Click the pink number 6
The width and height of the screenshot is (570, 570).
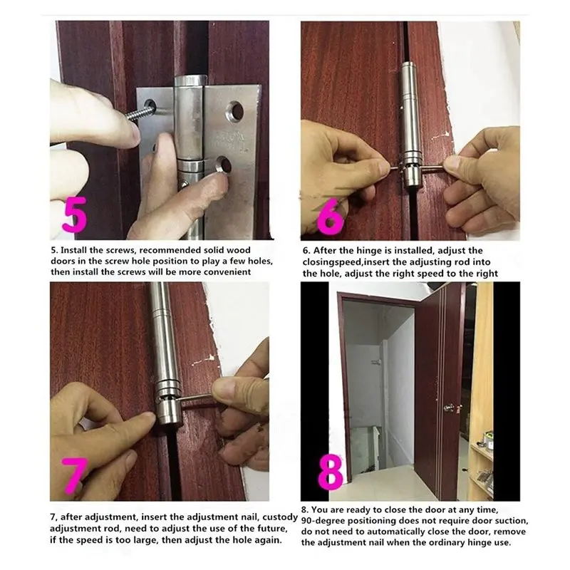(x=329, y=212)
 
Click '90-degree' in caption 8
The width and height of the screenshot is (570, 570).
(x=325, y=521)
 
